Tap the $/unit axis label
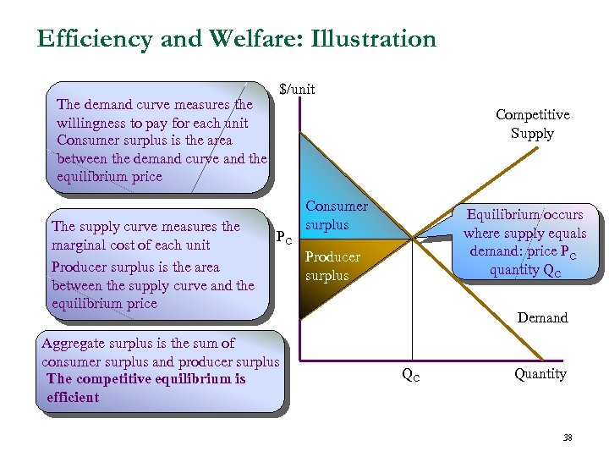point(297,88)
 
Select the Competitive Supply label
point(532,124)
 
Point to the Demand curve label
point(542,317)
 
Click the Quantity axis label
point(540,373)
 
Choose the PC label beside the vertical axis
point(284,238)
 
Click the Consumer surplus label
point(336,215)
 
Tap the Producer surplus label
point(332,266)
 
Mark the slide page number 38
point(568,438)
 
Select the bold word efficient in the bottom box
point(73,397)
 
